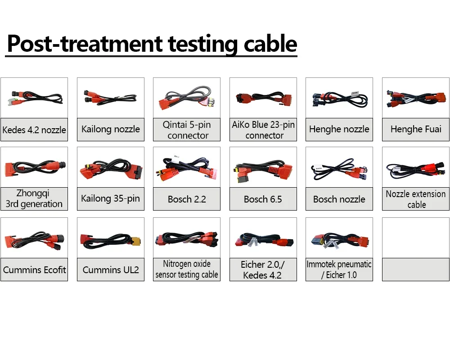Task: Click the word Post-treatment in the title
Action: pos(85,44)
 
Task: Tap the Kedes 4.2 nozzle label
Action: pos(34,130)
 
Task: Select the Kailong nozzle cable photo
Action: pos(110,98)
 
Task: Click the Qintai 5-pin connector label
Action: pos(187,130)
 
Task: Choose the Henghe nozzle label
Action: pos(339,129)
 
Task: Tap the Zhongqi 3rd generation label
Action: pos(34,198)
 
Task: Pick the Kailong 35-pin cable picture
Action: pos(111,169)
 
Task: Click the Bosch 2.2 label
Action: pos(187,199)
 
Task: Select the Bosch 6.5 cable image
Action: pos(263,171)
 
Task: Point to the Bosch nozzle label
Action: pos(339,199)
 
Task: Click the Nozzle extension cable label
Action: pos(416,199)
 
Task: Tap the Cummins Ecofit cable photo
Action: pos(35,241)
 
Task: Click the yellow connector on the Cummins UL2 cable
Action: pos(135,241)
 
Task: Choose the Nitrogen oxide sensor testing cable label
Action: pos(187,269)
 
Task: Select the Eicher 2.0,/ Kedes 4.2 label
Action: pos(263,270)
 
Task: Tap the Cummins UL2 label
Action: pos(111,270)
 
